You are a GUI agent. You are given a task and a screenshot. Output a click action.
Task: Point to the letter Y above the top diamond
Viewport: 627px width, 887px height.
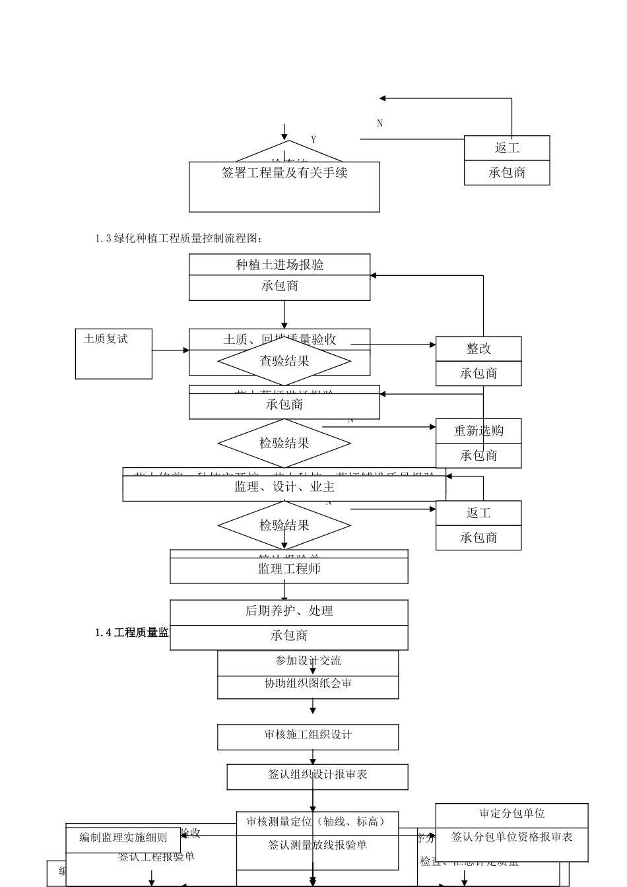coord(313,140)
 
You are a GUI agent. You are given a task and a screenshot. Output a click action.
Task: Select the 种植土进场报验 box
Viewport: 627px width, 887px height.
coord(280,265)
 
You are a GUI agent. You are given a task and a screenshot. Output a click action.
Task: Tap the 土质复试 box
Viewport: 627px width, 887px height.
coord(114,354)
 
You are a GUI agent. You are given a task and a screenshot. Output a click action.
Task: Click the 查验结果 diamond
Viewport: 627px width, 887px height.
coord(284,361)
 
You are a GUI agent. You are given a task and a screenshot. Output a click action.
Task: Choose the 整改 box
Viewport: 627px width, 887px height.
coord(478,348)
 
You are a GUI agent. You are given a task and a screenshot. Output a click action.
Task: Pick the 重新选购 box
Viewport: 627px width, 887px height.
coord(478,431)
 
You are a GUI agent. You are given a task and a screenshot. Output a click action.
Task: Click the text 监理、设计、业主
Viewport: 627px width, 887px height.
coord(284,487)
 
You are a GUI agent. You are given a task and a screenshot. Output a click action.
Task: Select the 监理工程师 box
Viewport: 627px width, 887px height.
coord(289,569)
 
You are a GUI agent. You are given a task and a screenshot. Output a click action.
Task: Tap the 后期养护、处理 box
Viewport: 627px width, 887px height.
coord(289,612)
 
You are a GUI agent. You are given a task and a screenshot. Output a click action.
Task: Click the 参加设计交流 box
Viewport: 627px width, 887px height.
coord(308,661)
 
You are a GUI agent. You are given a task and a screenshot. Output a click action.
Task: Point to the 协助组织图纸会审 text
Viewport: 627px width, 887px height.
coord(308,684)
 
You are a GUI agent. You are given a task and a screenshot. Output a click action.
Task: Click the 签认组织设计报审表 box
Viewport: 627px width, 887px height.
coord(317,775)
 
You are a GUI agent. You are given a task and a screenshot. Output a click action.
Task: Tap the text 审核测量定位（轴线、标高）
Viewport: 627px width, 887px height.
coord(315,822)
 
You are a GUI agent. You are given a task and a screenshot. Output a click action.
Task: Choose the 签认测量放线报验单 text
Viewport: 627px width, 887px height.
coord(317,845)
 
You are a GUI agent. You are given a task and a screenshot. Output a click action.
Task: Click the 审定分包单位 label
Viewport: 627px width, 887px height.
coord(511,814)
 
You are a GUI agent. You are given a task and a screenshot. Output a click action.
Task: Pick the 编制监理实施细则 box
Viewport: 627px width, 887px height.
coord(123,838)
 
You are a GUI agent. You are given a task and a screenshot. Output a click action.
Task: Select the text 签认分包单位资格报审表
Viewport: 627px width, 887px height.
coord(511,838)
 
